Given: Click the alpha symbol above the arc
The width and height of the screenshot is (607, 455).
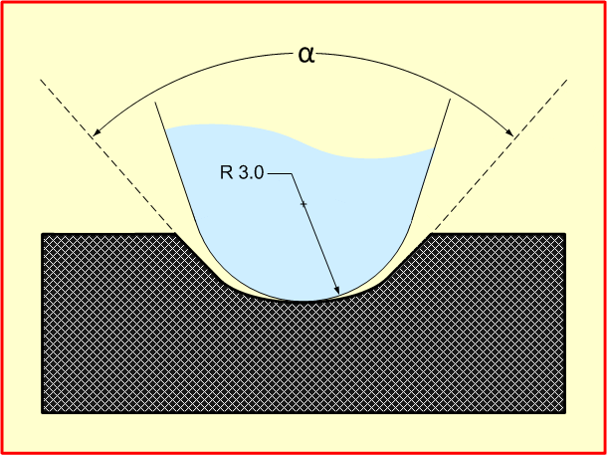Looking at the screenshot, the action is [x=306, y=56].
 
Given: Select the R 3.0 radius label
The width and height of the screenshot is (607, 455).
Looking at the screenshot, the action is [x=242, y=172].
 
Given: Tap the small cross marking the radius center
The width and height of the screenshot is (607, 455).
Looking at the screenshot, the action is [x=303, y=204].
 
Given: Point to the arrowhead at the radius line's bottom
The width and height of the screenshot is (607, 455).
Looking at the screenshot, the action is [x=337, y=290].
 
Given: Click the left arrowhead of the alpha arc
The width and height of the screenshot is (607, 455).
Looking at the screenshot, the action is [x=97, y=132].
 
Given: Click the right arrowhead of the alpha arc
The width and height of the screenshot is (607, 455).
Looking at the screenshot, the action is [x=509, y=132].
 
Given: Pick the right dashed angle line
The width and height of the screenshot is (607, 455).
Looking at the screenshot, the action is [x=500, y=156].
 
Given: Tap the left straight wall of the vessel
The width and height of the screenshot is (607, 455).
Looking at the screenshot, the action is [x=176, y=166].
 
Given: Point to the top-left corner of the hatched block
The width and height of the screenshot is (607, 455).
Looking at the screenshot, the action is [x=42, y=234].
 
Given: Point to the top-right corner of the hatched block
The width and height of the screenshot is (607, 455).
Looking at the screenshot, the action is [x=565, y=234].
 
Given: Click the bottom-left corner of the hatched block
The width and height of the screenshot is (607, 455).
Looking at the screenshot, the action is [x=42, y=413].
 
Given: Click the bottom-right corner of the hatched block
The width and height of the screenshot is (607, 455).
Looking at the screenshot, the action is [x=565, y=413].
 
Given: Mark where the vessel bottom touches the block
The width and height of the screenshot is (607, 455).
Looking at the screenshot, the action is [x=303, y=301].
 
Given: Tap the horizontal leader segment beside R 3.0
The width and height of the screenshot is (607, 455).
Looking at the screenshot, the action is [x=279, y=174].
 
